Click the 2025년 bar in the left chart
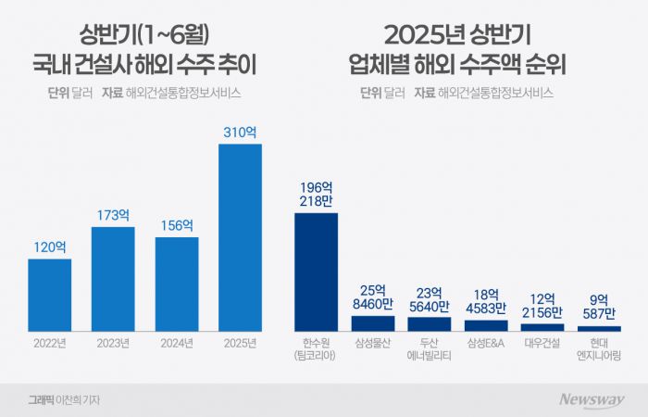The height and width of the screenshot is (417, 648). click(x=240, y=237)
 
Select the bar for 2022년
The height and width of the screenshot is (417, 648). click(x=49, y=295)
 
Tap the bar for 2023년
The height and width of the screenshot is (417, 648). click(x=113, y=279)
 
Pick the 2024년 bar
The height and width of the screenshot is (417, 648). click(x=177, y=284)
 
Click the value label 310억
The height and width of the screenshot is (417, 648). click(x=240, y=133)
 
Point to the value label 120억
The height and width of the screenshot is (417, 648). click(x=49, y=247)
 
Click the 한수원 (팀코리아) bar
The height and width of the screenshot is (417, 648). click(x=316, y=272)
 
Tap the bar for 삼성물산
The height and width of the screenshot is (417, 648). click(x=373, y=323)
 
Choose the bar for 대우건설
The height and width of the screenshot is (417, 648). click(x=542, y=327)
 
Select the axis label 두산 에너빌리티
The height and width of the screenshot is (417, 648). click(x=430, y=349)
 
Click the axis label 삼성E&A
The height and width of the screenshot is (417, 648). click(x=486, y=343)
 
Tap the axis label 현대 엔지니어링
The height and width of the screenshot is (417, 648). click(x=599, y=349)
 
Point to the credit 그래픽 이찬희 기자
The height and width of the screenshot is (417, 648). click(x=64, y=400)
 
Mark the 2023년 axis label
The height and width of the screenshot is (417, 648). click(x=113, y=343)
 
